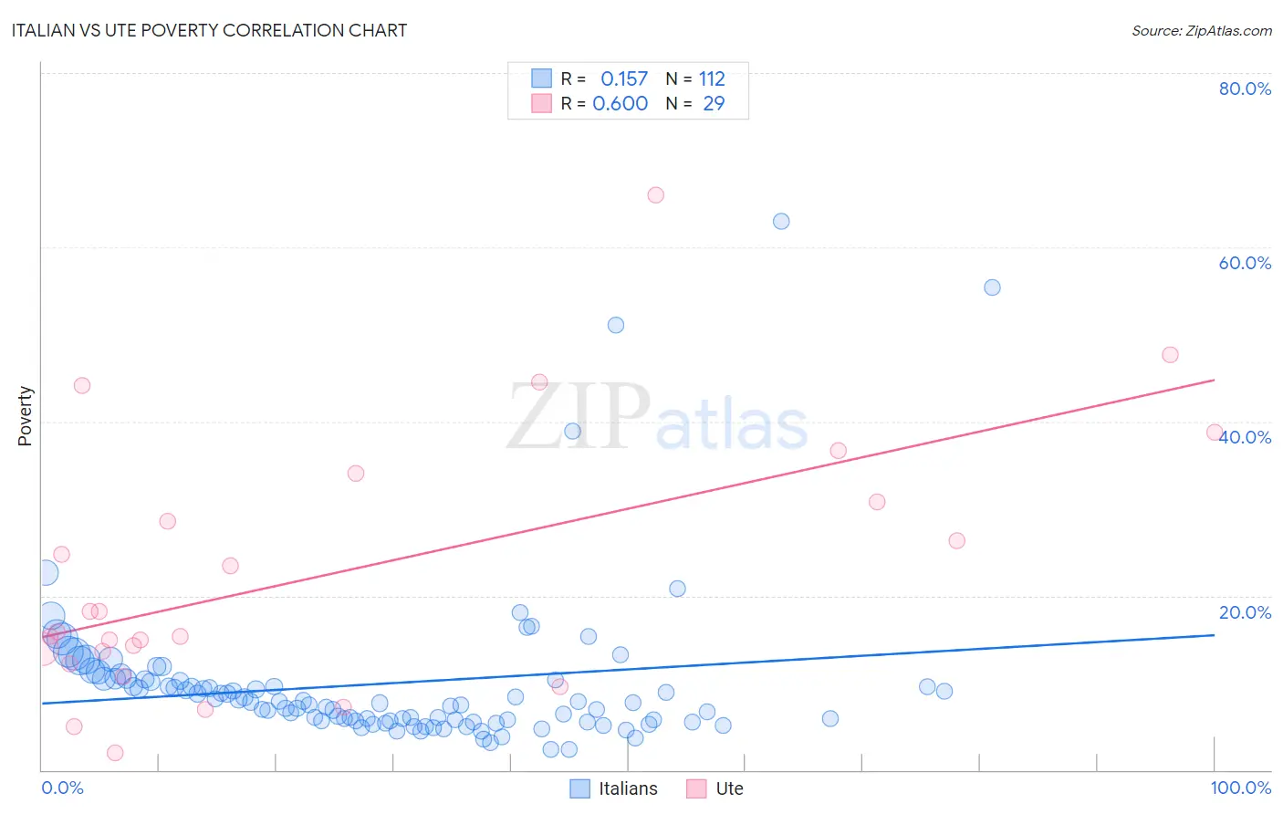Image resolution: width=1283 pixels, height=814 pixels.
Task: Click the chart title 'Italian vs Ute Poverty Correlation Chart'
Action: (210, 30)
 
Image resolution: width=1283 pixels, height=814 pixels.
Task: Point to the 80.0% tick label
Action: (1245, 89)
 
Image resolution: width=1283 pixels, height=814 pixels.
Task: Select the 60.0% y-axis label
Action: (1245, 263)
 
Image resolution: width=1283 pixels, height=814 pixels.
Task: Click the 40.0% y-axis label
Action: (1245, 437)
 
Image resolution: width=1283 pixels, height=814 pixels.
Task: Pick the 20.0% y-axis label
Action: (1245, 612)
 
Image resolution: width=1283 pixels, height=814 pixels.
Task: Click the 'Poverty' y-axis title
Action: (25, 416)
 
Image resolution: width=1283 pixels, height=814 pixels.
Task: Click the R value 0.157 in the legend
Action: (624, 78)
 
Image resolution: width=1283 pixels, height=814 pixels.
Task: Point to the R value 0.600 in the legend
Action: (621, 103)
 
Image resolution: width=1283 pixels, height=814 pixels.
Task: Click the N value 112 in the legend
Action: (712, 78)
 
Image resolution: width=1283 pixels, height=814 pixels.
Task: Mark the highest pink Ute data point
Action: (655, 195)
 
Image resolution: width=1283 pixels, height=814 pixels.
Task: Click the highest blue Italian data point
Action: (781, 221)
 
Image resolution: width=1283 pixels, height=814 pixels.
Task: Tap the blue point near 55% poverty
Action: (992, 287)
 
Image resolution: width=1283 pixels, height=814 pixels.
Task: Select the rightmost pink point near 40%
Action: (1215, 433)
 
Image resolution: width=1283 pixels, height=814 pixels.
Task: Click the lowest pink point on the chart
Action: (115, 753)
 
